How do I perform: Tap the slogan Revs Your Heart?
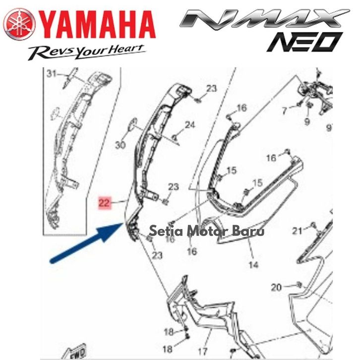87,51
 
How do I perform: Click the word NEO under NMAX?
304,42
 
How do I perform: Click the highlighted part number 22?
104,202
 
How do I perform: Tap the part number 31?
52,74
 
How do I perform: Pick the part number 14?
253,265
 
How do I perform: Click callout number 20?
276,288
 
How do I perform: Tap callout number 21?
297,231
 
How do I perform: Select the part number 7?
284,111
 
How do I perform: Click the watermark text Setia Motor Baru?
207,231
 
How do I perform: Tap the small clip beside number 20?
299,284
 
